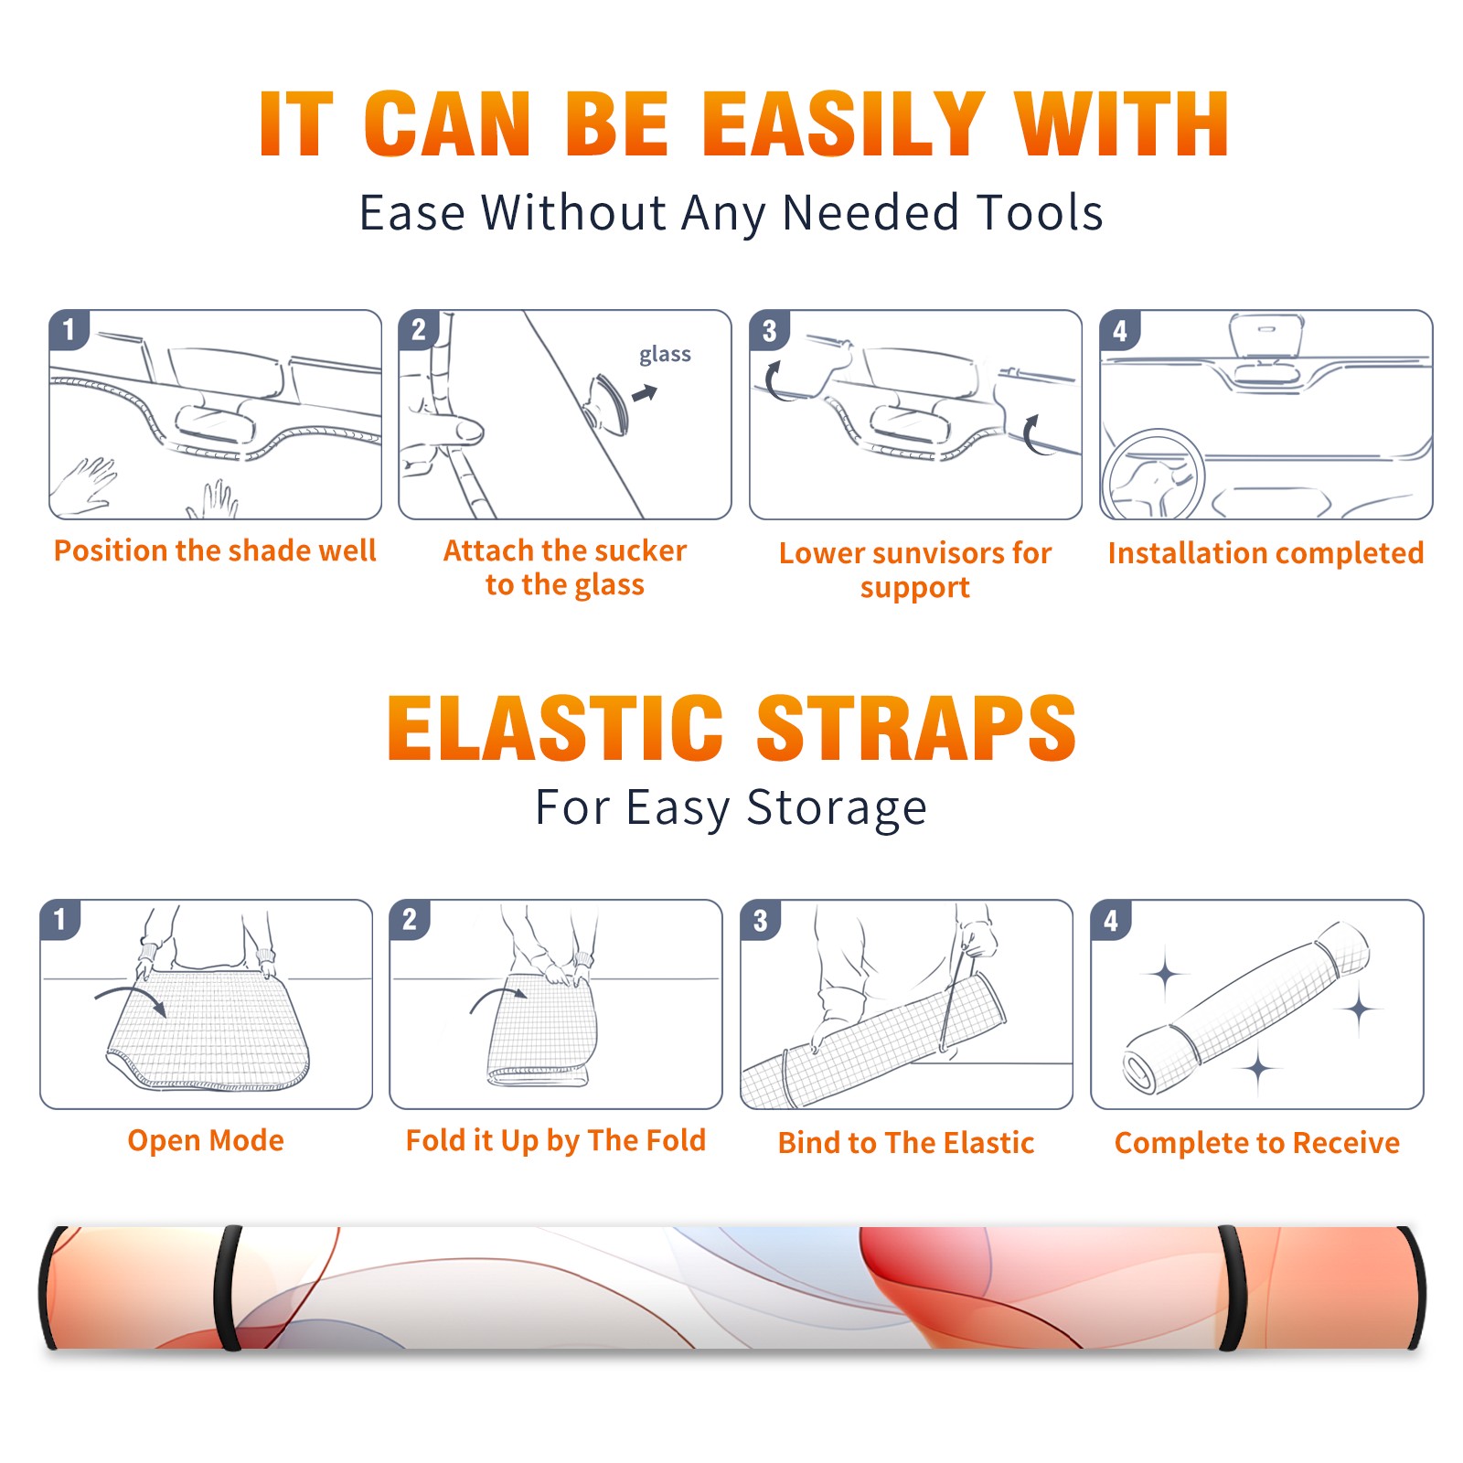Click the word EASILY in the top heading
[843, 125]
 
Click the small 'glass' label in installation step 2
[665, 355]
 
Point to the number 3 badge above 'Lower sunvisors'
[769, 330]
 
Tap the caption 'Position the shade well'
[215, 550]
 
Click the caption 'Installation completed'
[1265, 553]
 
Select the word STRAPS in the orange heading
[916, 728]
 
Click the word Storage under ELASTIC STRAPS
[837, 808]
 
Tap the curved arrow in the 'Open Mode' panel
[130, 998]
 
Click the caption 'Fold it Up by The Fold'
[556, 1141]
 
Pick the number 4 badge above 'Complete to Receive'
[1111, 920]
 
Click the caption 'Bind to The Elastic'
[906, 1143]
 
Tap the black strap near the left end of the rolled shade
[227, 1287]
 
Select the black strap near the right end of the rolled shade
[1233, 1287]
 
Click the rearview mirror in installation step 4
[1266, 336]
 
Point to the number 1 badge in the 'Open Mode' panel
[59, 920]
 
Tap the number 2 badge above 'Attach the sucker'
[419, 330]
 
